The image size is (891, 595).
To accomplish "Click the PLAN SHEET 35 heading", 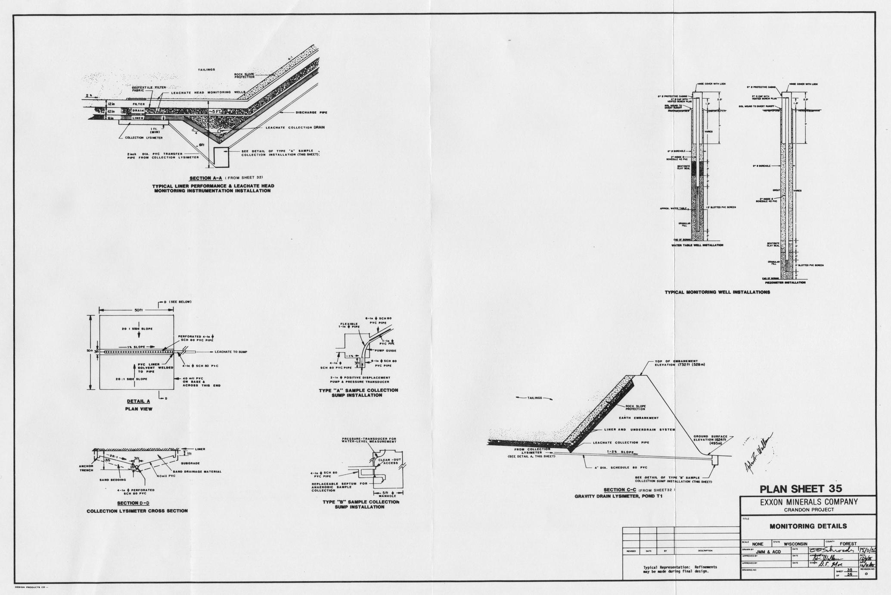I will click(801, 489).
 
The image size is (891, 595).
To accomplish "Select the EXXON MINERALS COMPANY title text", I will click(808, 502).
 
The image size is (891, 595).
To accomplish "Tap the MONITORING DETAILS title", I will click(808, 526).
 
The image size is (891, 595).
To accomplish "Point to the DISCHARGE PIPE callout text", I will click(311, 113).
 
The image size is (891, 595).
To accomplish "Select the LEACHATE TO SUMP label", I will click(231, 352).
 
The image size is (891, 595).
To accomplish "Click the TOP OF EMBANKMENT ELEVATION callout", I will click(680, 363).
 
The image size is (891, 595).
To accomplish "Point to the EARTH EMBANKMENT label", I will click(639, 418).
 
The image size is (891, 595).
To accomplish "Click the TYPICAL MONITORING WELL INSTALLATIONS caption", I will click(717, 292).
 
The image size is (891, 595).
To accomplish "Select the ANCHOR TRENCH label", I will click(86, 468).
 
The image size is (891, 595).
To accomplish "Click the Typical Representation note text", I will click(680, 569).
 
